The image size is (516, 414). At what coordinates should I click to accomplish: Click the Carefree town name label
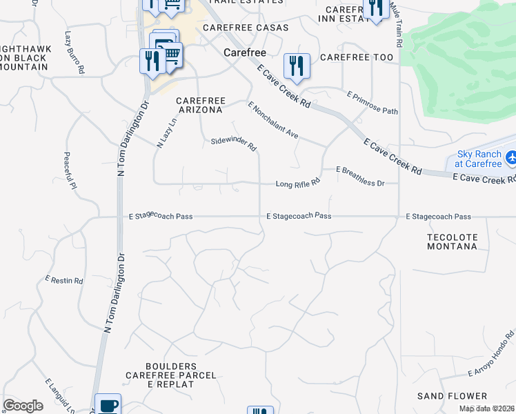[241, 52]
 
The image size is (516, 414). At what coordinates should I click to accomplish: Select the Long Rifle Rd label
[298, 184]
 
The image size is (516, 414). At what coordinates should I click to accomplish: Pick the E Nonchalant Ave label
[272, 120]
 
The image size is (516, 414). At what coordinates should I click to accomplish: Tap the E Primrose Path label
[373, 102]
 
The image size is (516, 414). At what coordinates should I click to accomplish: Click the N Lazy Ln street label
[167, 132]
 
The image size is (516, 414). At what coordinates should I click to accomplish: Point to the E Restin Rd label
[64, 281]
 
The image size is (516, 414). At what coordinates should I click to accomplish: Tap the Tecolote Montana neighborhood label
[452, 241]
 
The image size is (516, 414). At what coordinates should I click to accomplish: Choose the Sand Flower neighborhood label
[452, 396]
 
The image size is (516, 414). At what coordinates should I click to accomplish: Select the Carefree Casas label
[240, 28]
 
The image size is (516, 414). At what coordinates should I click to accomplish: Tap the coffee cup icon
[107, 405]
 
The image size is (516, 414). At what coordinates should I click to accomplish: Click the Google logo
[23, 406]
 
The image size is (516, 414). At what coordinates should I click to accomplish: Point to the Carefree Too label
[357, 57]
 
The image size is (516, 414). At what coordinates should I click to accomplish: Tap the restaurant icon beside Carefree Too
[297, 66]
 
